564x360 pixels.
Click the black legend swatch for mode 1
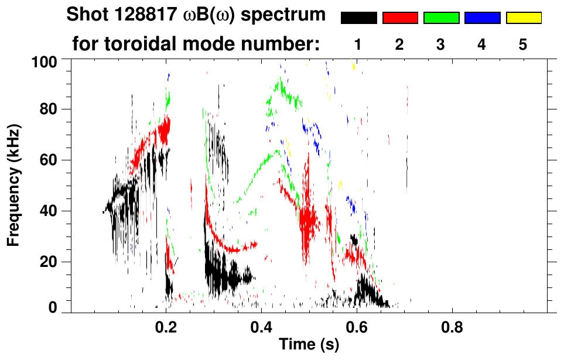point(359,18)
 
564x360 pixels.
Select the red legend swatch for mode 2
point(400,18)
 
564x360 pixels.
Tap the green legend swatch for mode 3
point(441,18)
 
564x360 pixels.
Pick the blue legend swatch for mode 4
point(482,18)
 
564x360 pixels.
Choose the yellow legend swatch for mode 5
point(523,18)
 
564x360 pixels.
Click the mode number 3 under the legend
point(440,44)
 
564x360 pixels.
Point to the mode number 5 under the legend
point(522,44)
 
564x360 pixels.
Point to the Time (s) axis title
point(309,345)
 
